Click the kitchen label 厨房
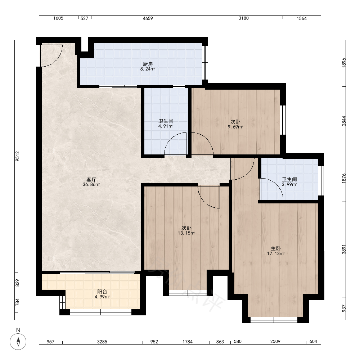point(148,64)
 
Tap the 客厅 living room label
point(91,180)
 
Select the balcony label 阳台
point(102,292)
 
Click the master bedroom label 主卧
point(275,249)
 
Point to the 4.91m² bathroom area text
point(166,126)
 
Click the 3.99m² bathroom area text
point(289,184)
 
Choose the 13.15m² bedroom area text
point(186,233)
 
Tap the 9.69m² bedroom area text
point(235,127)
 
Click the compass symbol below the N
point(18,341)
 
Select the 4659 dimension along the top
point(148,18)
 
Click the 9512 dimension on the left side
point(18,156)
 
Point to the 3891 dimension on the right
point(344,249)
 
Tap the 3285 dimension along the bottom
point(102,342)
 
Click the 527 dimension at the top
point(84,18)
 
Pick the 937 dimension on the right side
point(344,309)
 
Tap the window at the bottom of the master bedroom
point(274,320)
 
